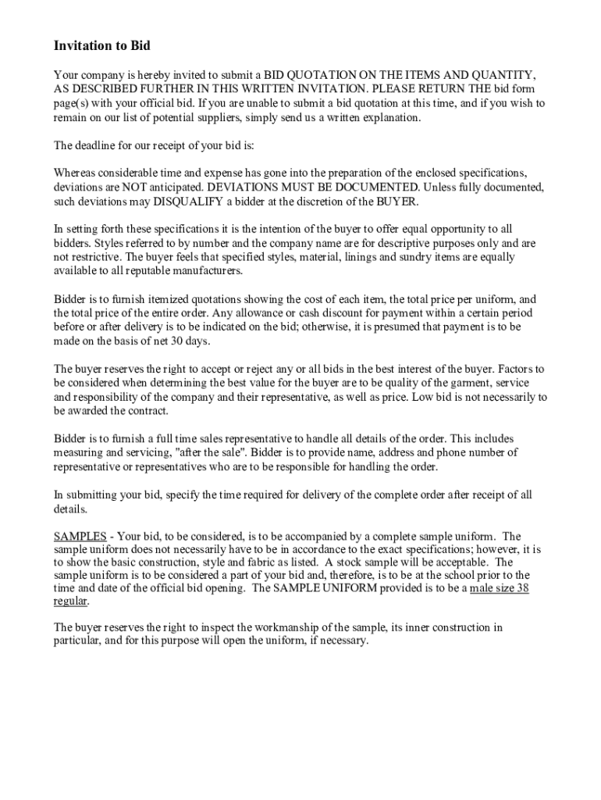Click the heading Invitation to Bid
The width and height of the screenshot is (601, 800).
pos(101,46)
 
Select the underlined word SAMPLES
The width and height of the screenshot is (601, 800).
pos(80,537)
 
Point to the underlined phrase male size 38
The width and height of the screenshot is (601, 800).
pos(499,587)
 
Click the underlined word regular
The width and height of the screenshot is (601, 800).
pos(70,601)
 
